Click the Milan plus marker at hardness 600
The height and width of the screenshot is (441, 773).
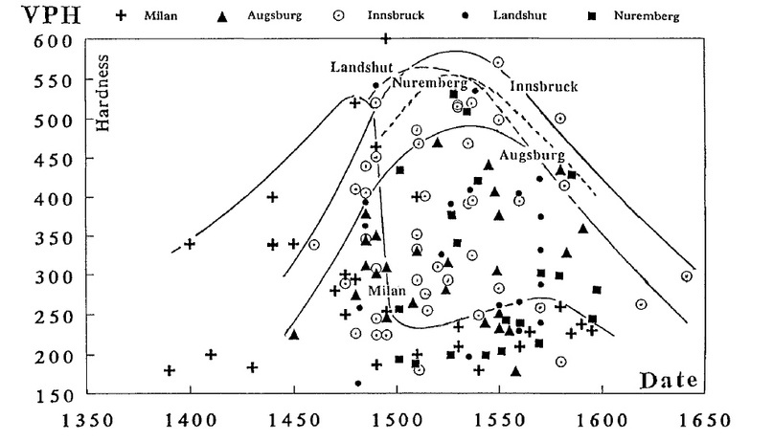coord(385,38)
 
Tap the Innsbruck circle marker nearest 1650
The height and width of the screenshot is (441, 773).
coord(686,276)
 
